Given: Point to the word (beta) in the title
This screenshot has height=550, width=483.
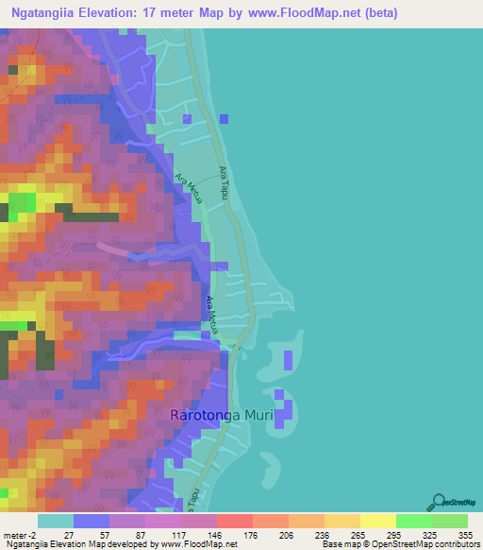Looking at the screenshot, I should click(377, 13).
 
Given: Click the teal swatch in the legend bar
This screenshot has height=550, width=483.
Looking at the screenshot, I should click(56, 521).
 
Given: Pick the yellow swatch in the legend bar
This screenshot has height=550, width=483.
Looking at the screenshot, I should click(377, 521).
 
